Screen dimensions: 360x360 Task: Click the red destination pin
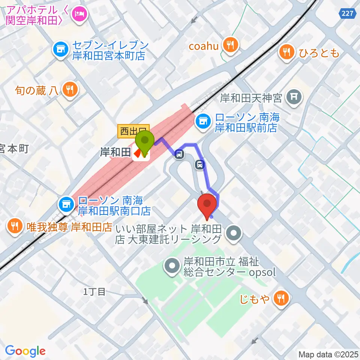coord(207,204)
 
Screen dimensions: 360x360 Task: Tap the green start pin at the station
coord(145,141)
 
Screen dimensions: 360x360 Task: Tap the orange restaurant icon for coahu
coord(229,45)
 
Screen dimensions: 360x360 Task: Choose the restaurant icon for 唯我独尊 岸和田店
coord(15,226)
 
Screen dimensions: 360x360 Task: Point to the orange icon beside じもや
coord(280,298)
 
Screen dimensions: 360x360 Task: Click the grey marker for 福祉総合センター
coord(172,267)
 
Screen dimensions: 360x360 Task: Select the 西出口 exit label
coord(133,131)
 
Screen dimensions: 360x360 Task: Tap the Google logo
coord(25,351)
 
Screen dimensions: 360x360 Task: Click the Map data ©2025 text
coord(328,354)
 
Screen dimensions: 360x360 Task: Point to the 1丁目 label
coord(94,292)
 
